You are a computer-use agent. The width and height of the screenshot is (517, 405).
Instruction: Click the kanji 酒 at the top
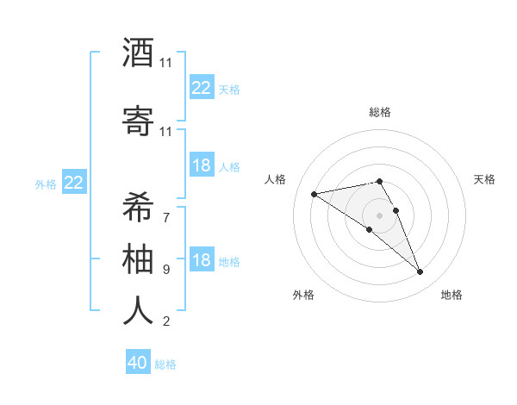pyautogui.click(x=138, y=53)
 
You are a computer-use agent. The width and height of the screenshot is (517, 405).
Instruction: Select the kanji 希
pyautogui.click(x=138, y=207)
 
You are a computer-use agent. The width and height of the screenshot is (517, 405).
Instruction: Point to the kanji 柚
pyautogui.click(x=138, y=258)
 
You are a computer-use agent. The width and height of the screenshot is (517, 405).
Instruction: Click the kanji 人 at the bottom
pyautogui.click(x=138, y=309)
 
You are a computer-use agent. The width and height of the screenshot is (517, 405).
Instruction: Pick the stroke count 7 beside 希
pyautogui.click(x=166, y=217)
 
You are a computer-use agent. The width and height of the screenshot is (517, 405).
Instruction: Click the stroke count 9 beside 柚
pyautogui.click(x=166, y=270)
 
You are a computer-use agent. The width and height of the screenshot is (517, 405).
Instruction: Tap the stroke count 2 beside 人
pyautogui.click(x=166, y=321)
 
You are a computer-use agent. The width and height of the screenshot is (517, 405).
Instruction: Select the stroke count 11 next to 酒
pyautogui.click(x=166, y=63)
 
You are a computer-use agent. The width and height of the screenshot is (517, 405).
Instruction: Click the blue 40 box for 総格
pyautogui.click(x=138, y=363)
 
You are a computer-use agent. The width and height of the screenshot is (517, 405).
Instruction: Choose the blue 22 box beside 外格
pyautogui.click(x=74, y=182)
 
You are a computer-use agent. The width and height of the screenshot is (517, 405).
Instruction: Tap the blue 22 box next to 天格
pyautogui.click(x=202, y=88)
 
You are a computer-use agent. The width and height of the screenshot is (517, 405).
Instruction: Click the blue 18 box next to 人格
pyautogui.click(x=202, y=165)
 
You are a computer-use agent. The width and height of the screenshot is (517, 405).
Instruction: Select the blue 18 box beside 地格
pyautogui.click(x=202, y=260)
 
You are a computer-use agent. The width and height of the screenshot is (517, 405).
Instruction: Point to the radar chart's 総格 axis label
pyautogui.click(x=380, y=112)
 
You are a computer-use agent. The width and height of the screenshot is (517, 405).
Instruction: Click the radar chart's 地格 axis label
pyautogui.click(x=452, y=295)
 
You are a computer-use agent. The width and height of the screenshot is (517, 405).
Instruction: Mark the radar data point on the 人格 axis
pyautogui.click(x=315, y=193)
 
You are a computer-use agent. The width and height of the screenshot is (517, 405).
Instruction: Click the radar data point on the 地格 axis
pyautogui.click(x=420, y=272)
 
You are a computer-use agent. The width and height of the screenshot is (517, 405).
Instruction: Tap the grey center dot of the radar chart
pyautogui.click(x=380, y=215)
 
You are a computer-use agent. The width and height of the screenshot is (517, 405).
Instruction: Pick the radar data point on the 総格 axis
pyautogui.click(x=380, y=181)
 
